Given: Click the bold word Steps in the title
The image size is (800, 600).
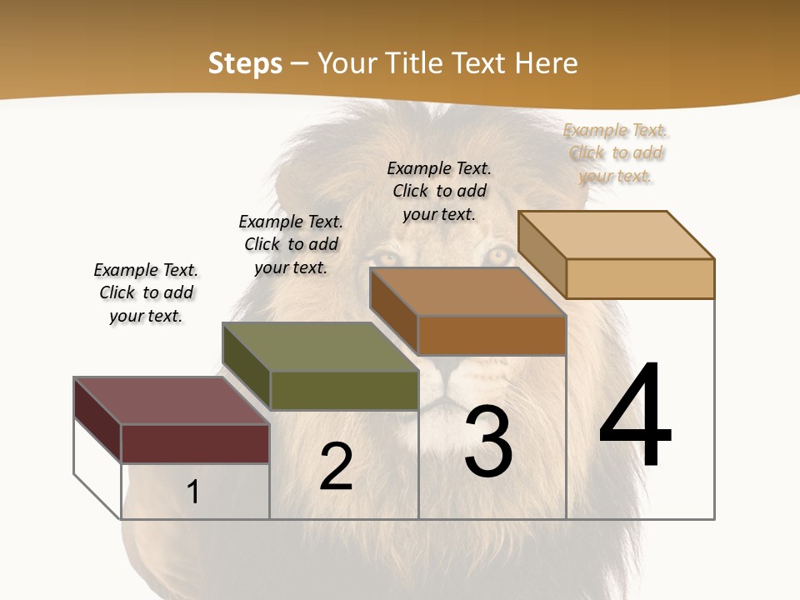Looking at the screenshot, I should coord(245,63).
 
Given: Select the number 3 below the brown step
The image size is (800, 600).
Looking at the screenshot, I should coord(488,442).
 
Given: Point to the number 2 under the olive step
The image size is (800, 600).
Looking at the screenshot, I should coord(336,467).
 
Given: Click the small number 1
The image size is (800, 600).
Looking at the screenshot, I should coord(193,492).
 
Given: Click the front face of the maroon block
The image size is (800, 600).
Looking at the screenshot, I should coord(195,443).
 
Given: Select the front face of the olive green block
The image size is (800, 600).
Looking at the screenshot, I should coord(343,390).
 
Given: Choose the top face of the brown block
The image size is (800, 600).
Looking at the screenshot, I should coord(467,292).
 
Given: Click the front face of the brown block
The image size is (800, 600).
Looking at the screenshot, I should coord(491,335).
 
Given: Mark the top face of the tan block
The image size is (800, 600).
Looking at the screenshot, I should coord(616,235).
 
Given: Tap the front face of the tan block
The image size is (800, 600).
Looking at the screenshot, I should coord(639,278).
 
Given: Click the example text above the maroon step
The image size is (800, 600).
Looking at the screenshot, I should coord(146,292).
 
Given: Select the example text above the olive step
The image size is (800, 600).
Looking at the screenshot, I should coord(291,244).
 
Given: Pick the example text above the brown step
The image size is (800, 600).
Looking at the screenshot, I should coord(439,191).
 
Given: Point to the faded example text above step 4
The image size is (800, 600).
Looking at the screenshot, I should coord(616,152).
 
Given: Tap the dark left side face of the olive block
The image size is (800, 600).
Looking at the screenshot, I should coord(247,367).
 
